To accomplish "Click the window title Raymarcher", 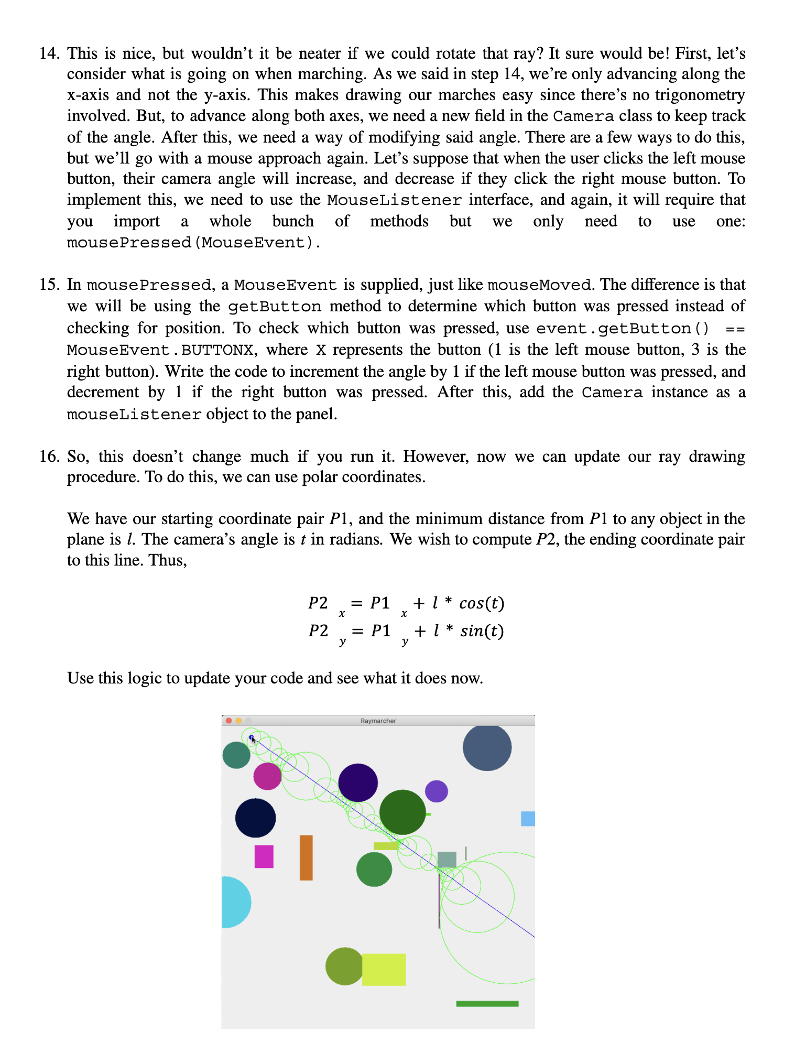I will coord(378,721).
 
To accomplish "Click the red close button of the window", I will coord(228,721).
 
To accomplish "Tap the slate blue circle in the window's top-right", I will coord(487,747).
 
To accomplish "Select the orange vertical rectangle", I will coord(306,857).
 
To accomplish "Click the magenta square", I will coord(264,856).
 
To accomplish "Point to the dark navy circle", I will coord(255,818).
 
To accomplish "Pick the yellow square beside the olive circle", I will coord(384,970).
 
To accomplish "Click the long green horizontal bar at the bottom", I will coord(487,1004).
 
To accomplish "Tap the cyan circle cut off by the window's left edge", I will coord(235,902).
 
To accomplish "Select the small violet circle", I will coord(436,791).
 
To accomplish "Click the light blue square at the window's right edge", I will coord(528,819).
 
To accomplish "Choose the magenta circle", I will coord(267,776).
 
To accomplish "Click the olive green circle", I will coord(344,966).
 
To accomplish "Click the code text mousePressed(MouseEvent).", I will coord(193,243).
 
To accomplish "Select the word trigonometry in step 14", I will coord(700,95).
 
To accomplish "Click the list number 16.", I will coord(50,457).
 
